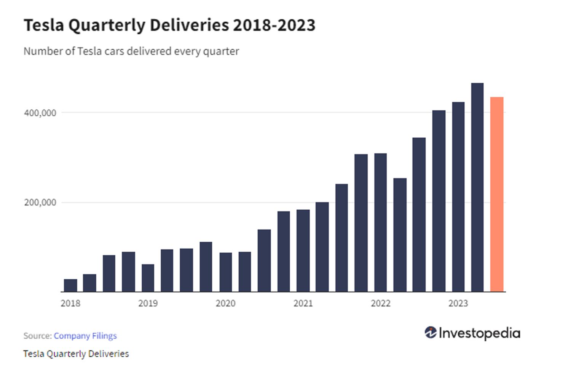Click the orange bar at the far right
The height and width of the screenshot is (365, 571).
(x=496, y=194)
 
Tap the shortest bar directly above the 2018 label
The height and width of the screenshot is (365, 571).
(x=70, y=285)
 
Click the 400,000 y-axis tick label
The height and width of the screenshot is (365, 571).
(x=40, y=113)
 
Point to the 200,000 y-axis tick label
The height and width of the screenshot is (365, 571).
(x=40, y=202)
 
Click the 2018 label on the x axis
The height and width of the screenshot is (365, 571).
(x=70, y=303)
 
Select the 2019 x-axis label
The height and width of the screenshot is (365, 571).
(x=148, y=303)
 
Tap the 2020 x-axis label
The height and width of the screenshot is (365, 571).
(x=226, y=303)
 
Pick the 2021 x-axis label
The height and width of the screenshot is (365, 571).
(x=303, y=303)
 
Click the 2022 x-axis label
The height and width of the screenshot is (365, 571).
(x=381, y=303)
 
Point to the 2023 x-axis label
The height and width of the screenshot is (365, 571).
(x=458, y=303)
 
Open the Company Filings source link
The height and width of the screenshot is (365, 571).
(x=85, y=336)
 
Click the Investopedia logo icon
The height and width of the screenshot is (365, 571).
(x=431, y=333)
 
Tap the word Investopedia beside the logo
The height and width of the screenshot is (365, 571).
(x=479, y=333)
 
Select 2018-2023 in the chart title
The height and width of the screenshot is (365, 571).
(x=274, y=25)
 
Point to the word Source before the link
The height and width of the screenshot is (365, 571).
(x=37, y=336)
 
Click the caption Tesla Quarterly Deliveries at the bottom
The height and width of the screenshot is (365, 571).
(x=76, y=354)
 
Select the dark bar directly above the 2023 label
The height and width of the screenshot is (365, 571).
(x=458, y=197)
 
